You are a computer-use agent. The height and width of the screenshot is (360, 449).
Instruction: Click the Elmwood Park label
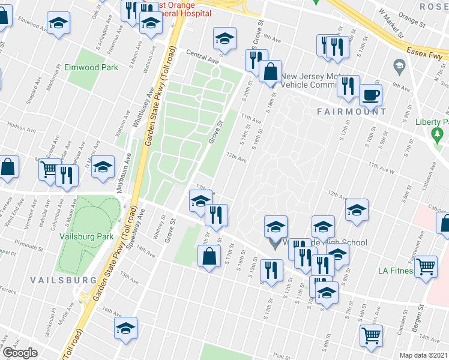pos(91,68)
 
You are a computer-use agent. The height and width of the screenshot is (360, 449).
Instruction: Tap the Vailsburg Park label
pos(86,236)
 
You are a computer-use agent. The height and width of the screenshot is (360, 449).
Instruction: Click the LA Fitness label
pos(396,271)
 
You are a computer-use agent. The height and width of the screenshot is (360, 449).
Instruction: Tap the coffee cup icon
pos(370,94)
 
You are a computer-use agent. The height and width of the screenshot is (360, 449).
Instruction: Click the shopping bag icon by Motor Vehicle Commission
pos(271,71)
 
